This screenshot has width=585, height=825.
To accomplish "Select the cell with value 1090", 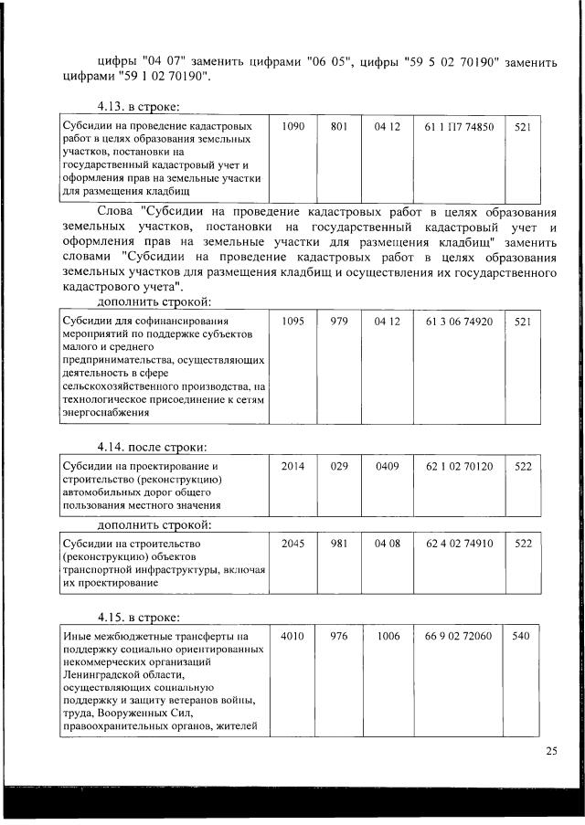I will [292, 127].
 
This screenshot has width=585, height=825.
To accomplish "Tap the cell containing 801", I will [339, 127].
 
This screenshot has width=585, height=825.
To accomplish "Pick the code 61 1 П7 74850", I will [459, 127].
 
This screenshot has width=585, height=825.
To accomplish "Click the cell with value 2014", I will [292, 466].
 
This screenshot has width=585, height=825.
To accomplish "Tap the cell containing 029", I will [339, 466].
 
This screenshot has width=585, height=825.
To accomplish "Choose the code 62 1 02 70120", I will [459, 466].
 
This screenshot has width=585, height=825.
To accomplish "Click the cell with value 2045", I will [292, 543].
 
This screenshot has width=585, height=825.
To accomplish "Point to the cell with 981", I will [339, 543].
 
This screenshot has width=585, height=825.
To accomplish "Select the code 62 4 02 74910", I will [459, 543].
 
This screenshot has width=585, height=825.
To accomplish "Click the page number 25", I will [551, 751].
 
